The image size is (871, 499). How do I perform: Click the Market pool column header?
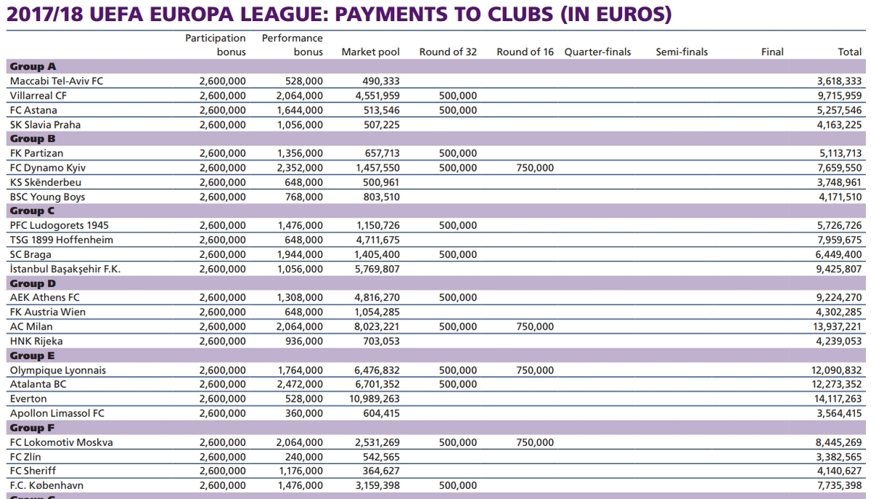[370, 52]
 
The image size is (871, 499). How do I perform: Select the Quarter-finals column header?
[597, 52]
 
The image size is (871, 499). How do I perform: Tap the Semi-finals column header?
[682, 52]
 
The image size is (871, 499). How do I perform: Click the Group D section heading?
[33, 283]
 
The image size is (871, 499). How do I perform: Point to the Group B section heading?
[33, 139]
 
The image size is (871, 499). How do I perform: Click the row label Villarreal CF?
[38, 96]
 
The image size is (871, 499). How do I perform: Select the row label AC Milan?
[31, 327]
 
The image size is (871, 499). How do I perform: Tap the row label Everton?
[28, 399]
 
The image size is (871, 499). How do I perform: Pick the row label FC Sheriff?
[33, 471]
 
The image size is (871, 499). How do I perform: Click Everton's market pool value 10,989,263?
[374, 399]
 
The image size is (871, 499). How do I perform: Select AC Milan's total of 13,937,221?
[837, 327]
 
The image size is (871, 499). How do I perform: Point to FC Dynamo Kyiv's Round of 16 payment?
[535, 169]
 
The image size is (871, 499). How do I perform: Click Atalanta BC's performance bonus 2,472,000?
[299, 384]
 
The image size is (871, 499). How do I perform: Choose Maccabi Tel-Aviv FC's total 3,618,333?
[839, 81]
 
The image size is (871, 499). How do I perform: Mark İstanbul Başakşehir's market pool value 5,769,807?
[377, 269]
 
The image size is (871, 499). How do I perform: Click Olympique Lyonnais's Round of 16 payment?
[535, 370]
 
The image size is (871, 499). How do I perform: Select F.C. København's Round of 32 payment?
[458, 485]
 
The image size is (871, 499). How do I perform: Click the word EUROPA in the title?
[192, 15]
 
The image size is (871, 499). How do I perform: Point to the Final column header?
[772, 52]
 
